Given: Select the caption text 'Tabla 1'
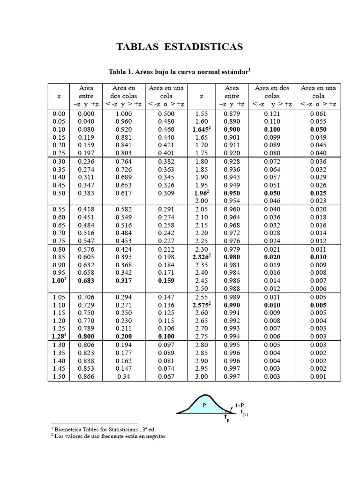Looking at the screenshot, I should pos(121,72).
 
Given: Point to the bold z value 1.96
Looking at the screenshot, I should pos(201,193).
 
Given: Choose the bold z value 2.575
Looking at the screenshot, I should pos(201,305).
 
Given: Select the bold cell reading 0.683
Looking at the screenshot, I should pos(86,281).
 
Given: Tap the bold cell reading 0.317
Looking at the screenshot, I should pos(123,281).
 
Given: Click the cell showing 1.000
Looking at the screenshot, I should pos(123,113).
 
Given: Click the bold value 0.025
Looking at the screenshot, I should pos(318,193).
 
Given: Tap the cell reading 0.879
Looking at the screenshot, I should pos(232,113).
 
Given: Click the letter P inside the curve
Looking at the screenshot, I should pos(204,406).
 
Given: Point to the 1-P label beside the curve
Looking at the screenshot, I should pos(240,405).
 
